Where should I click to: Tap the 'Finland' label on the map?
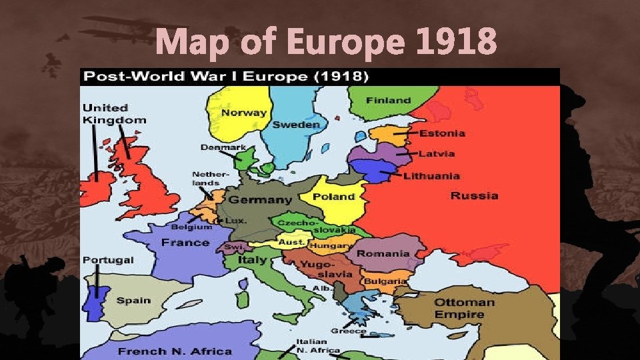coord(388,100)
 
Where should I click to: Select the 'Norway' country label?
coord(243,113)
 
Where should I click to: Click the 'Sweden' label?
coord(296,125)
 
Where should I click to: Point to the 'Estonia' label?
coord(442,133)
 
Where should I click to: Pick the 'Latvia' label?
coord(437,154)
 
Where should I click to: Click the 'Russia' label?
coord(474,196)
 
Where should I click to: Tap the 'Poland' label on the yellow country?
coord(333,197)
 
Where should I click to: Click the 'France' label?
coord(185,243)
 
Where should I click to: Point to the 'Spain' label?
coord(133,301)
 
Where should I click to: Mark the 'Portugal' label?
coord(108,260)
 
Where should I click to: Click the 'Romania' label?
coord(383,254)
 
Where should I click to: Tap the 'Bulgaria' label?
coord(385,281)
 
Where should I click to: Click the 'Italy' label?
coord(252,260)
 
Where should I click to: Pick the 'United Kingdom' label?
coord(114,114)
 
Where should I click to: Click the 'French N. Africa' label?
coord(175,351)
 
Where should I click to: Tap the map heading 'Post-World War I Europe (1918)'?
coord(224,76)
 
